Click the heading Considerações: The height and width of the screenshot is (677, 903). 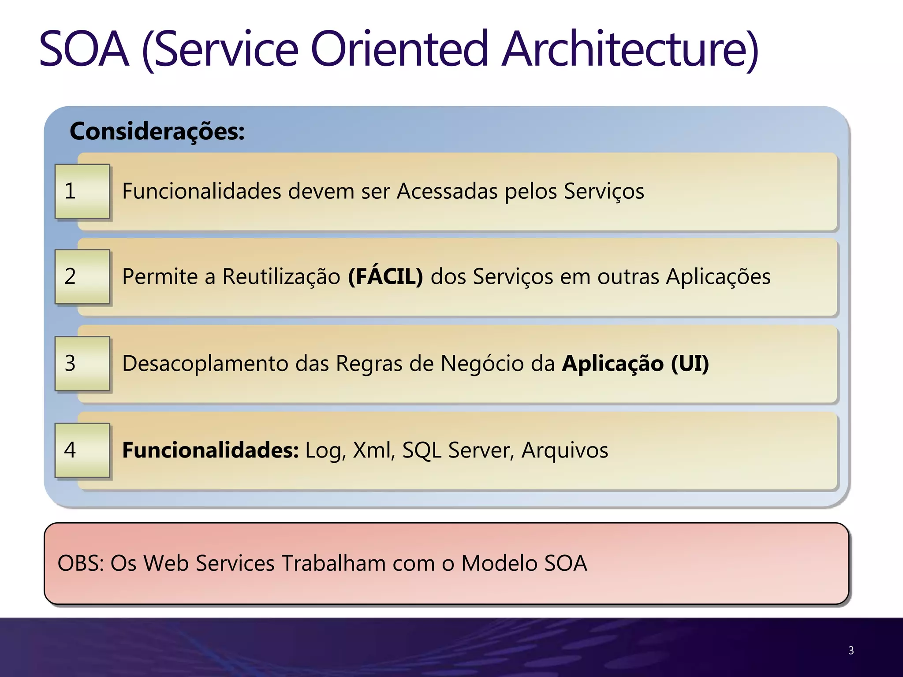[157, 131]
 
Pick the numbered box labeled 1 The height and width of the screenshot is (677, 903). [82, 191]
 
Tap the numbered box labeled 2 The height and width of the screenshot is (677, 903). [82, 277]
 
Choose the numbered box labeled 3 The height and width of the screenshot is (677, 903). [82, 364]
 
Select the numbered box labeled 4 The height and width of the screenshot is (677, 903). [82, 450]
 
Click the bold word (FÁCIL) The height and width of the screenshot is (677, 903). [385, 277]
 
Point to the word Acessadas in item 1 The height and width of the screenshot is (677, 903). [447, 191]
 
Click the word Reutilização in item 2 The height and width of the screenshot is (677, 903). [281, 277]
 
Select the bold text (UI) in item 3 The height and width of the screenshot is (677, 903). [690, 364]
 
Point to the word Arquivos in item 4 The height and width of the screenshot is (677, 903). [564, 450]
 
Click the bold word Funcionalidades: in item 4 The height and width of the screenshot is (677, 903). [210, 450]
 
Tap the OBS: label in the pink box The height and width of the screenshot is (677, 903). [80, 563]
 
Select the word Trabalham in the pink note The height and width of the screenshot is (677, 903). [333, 563]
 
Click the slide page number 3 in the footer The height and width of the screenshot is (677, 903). [851, 651]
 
